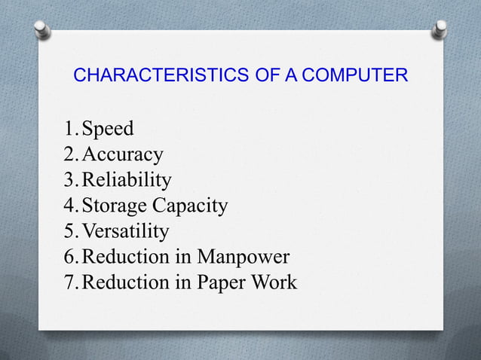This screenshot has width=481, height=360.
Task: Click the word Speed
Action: click(x=108, y=130)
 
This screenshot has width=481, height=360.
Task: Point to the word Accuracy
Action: click(x=122, y=155)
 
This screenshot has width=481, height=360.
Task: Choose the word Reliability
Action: click(x=126, y=180)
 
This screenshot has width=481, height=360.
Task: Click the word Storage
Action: click(x=114, y=206)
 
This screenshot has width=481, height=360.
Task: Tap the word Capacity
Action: click(x=189, y=206)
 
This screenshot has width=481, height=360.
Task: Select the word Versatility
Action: click(x=125, y=231)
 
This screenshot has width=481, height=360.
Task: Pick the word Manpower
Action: click(x=243, y=257)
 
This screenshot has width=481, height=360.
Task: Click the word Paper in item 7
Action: click(x=225, y=282)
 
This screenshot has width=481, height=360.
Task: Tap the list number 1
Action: click(x=69, y=130)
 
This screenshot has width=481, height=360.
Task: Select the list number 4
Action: click(x=69, y=206)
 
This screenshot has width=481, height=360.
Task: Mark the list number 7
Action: click(x=69, y=282)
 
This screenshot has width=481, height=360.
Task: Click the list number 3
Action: click(x=69, y=180)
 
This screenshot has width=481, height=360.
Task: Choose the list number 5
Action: click(x=69, y=231)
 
